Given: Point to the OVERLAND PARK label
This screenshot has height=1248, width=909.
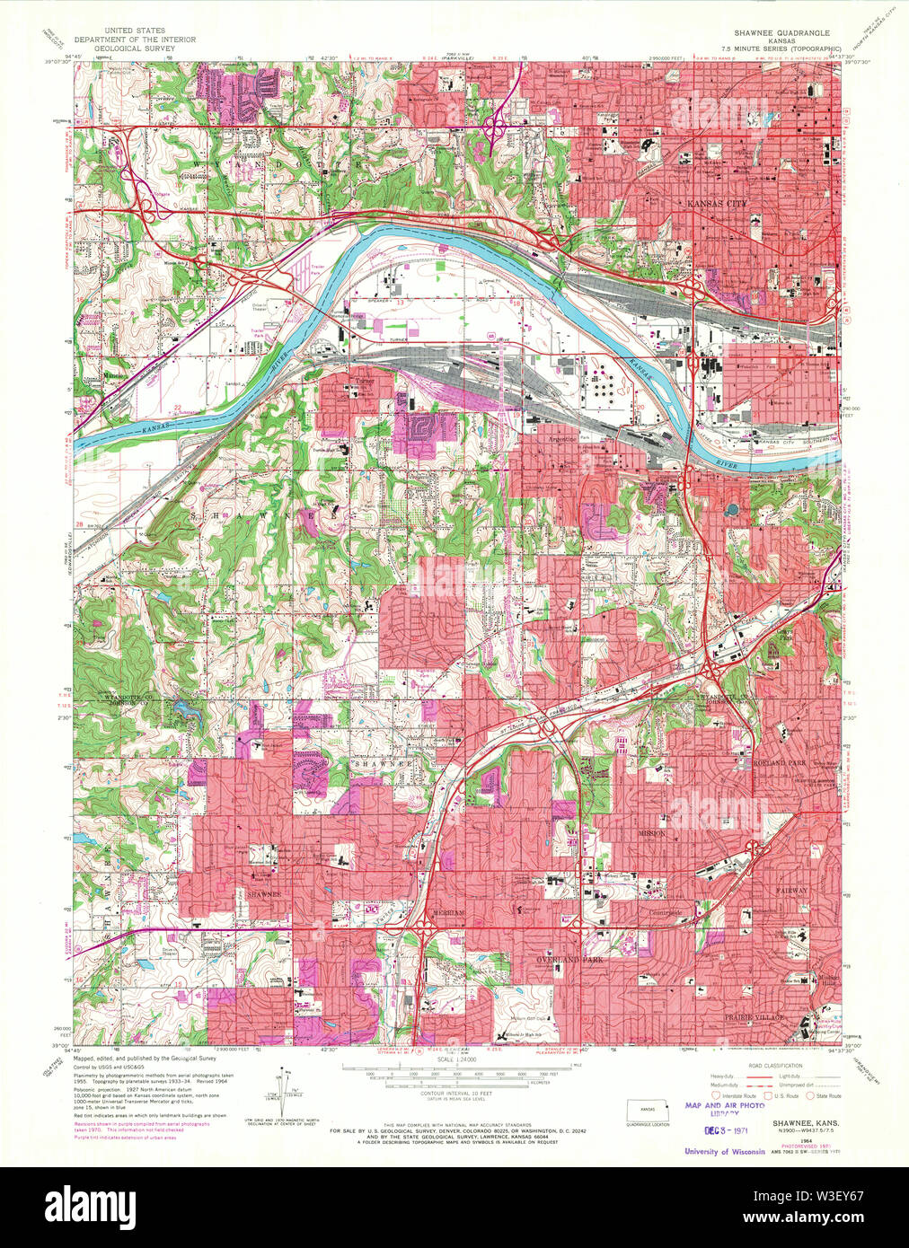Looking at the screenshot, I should pos(569,960).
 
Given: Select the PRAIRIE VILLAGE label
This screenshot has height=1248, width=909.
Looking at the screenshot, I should pos(755,1017).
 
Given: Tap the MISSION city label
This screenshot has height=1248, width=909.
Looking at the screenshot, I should pos(652,833).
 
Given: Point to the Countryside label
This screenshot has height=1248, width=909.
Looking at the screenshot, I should pos(666,913).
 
